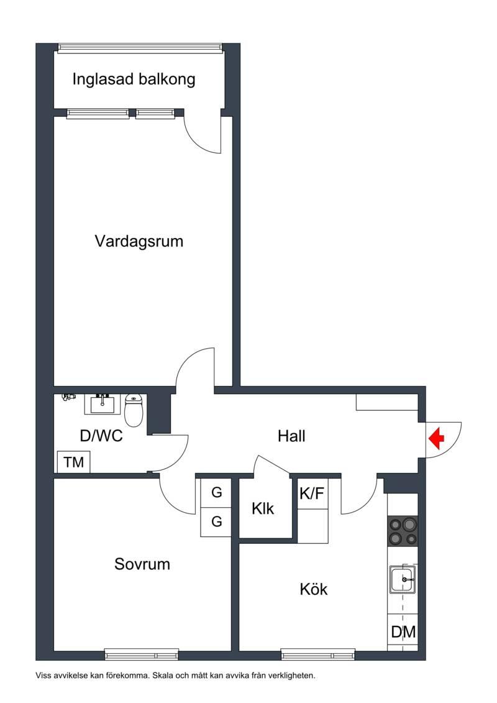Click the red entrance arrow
click(x=436, y=439)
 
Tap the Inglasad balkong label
click(x=134, y=80)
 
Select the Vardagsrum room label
click(x=139, y=241)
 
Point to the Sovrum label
click(x=142, y=564)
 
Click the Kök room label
click(x=314, y=589)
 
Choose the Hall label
click(x=292, y=436)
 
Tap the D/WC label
click(x=101, y=436)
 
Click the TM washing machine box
click(x=73, y=462)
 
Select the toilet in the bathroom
click(x=134, y=410)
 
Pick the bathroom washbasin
click(x=103, y=404)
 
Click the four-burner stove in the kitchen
click(x=403, y=531)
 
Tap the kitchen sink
click(x=403, y=579)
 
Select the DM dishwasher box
click(x=403, y=632)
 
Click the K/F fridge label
click(x=312, y=494)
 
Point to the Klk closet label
click(x=263, y=509)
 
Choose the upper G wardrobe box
click(x=216, y=493)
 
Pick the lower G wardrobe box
click(x=216, y=522)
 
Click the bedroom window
click(x=142, y=655)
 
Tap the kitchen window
click(x=317, y=655)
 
